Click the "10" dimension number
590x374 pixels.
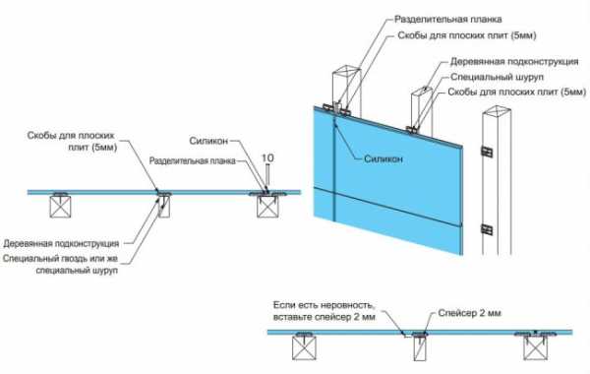pos(267,158)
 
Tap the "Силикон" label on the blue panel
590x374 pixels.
pos(383,158)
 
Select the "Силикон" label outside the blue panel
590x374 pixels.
pos(208,142)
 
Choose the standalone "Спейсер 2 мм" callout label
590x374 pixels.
pos(470,313)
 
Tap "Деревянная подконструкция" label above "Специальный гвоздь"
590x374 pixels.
pos(61,244)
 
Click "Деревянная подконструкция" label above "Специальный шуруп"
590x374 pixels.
pos(514,61)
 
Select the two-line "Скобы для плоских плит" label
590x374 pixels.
pos(71,141)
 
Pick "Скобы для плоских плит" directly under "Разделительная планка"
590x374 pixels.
pos(466,35)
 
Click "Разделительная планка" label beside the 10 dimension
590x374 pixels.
pos(193,161)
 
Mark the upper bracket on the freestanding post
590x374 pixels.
pos(488,152)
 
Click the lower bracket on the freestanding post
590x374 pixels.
pos(488,229)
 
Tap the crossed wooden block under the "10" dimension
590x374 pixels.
pos(267,207)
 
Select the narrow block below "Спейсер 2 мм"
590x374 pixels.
pos(420,348)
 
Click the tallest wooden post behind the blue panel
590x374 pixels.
pos(347,90)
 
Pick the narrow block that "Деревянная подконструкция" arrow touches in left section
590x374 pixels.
pos(164,207)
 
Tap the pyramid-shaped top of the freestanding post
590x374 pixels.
pos(497,111)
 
